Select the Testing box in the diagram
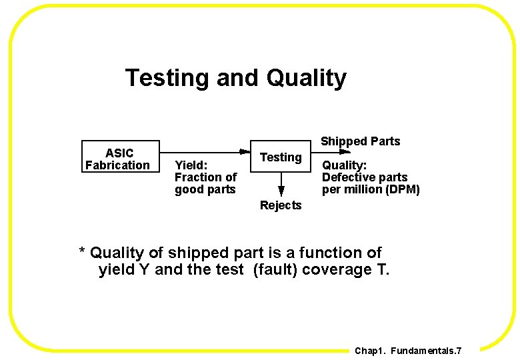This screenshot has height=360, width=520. [281, 157]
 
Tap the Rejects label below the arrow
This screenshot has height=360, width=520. [281, 205]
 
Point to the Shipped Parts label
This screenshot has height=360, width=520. [360, 141]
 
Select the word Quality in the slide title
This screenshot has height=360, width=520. [307, 78]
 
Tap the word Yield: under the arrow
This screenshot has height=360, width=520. [191, 165]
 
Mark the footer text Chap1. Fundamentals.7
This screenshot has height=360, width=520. [408, 351]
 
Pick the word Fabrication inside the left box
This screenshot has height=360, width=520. [117, 165]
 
